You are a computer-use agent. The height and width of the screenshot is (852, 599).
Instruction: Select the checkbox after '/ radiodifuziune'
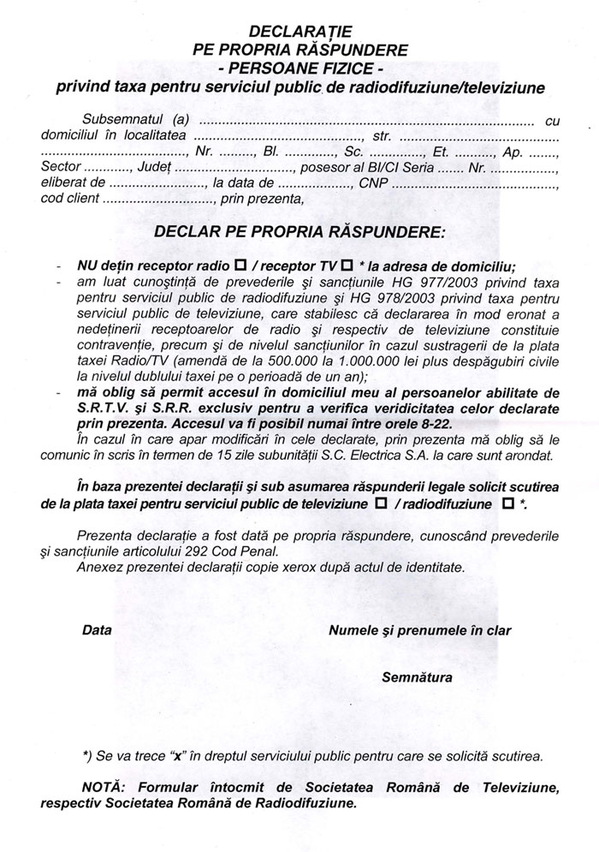(x=508, y=505)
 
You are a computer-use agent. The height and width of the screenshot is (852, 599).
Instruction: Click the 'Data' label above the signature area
(x=98, y=631)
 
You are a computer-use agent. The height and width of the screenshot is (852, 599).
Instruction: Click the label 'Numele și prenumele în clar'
(x=419, y=631)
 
